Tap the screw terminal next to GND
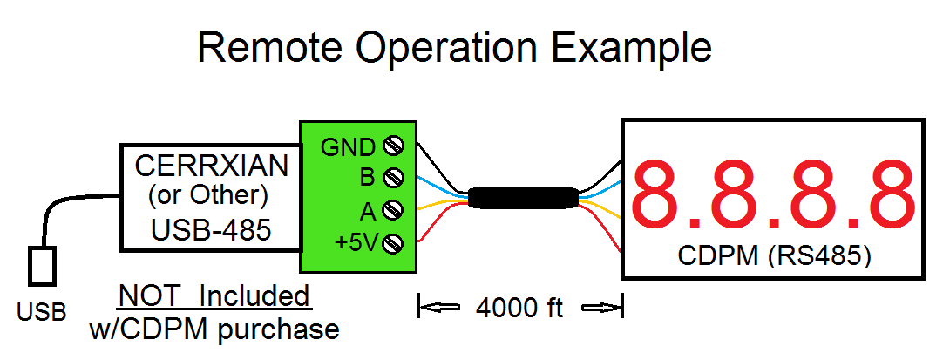click(x=397, y=146)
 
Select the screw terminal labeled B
click(x=397, y=178)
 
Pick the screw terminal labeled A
click(x=397, y=210)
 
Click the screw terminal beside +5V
click(x=397, y=243)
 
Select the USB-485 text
click(x=211, y=230)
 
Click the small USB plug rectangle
click(x=42, y=266)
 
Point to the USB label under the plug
click(x=42, y=312)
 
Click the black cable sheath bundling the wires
click(x=521, y=197)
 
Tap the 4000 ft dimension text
click(x=519, y=309)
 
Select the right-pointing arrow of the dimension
click(x=600, y=308)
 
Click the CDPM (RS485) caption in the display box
click(x=774, y=256)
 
